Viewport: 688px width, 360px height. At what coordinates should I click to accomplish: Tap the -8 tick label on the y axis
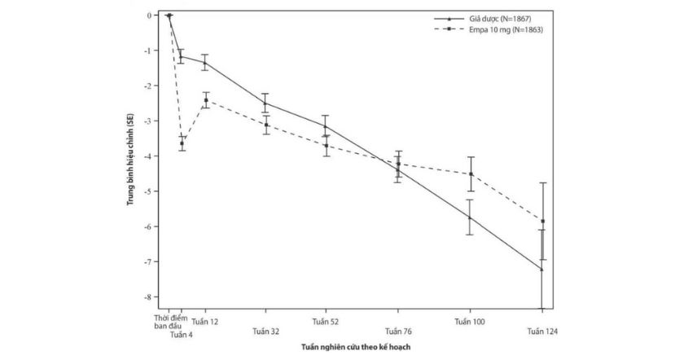[x=149, y=297]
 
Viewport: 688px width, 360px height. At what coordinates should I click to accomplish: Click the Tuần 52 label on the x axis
[x=326, y=322]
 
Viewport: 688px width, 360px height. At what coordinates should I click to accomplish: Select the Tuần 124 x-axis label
[x=541, y=331]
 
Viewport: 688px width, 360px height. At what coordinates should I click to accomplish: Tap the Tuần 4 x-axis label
[x=181, y=333]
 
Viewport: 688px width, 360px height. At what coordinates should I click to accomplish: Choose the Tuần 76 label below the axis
[x=398, y=331]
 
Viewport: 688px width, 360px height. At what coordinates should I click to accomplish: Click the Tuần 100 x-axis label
[x=470, y=322]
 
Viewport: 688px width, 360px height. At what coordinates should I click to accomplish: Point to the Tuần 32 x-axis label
[x=265, y=331]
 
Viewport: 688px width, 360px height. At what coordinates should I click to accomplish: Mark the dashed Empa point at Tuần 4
[x=182, y=143]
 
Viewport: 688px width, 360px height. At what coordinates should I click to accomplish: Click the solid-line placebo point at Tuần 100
[x=470, y=217]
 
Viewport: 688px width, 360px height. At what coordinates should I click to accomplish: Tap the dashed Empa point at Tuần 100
[x=470, y=173]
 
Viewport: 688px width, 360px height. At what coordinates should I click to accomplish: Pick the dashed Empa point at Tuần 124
[x=542, y=221]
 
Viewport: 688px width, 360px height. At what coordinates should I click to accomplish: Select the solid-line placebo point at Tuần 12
[x=205, y=63]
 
